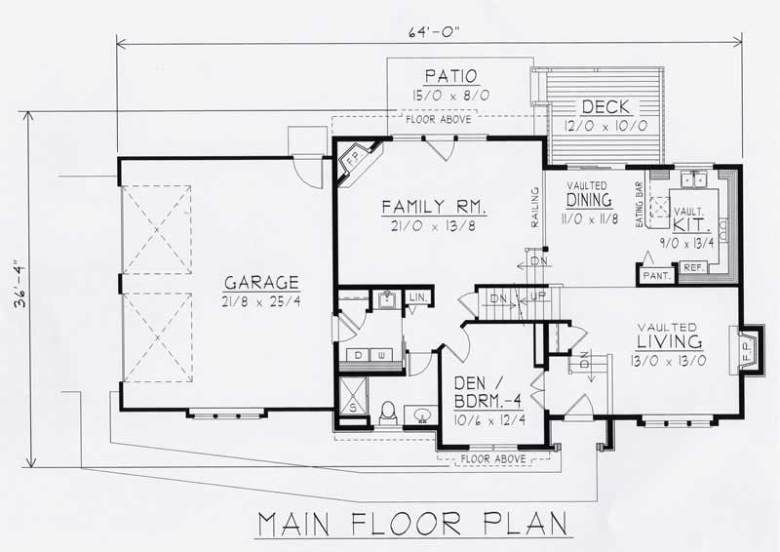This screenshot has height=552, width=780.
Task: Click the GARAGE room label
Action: coord(259,283)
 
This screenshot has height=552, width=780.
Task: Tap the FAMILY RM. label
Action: coord(434,207)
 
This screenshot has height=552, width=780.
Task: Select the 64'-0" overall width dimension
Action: coord(429,30)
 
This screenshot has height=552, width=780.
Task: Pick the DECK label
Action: coord(605,106)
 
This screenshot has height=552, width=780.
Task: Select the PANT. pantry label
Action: coord(654,277)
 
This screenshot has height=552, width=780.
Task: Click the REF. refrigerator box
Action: coord(692,267)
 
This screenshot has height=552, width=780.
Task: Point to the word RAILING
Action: coord(534,208)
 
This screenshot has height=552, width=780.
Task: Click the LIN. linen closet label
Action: coord(416,296)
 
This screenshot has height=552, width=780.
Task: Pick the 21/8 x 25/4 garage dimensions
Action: coord(259,303)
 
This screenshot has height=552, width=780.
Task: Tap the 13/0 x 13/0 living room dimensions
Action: coord(669,362)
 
